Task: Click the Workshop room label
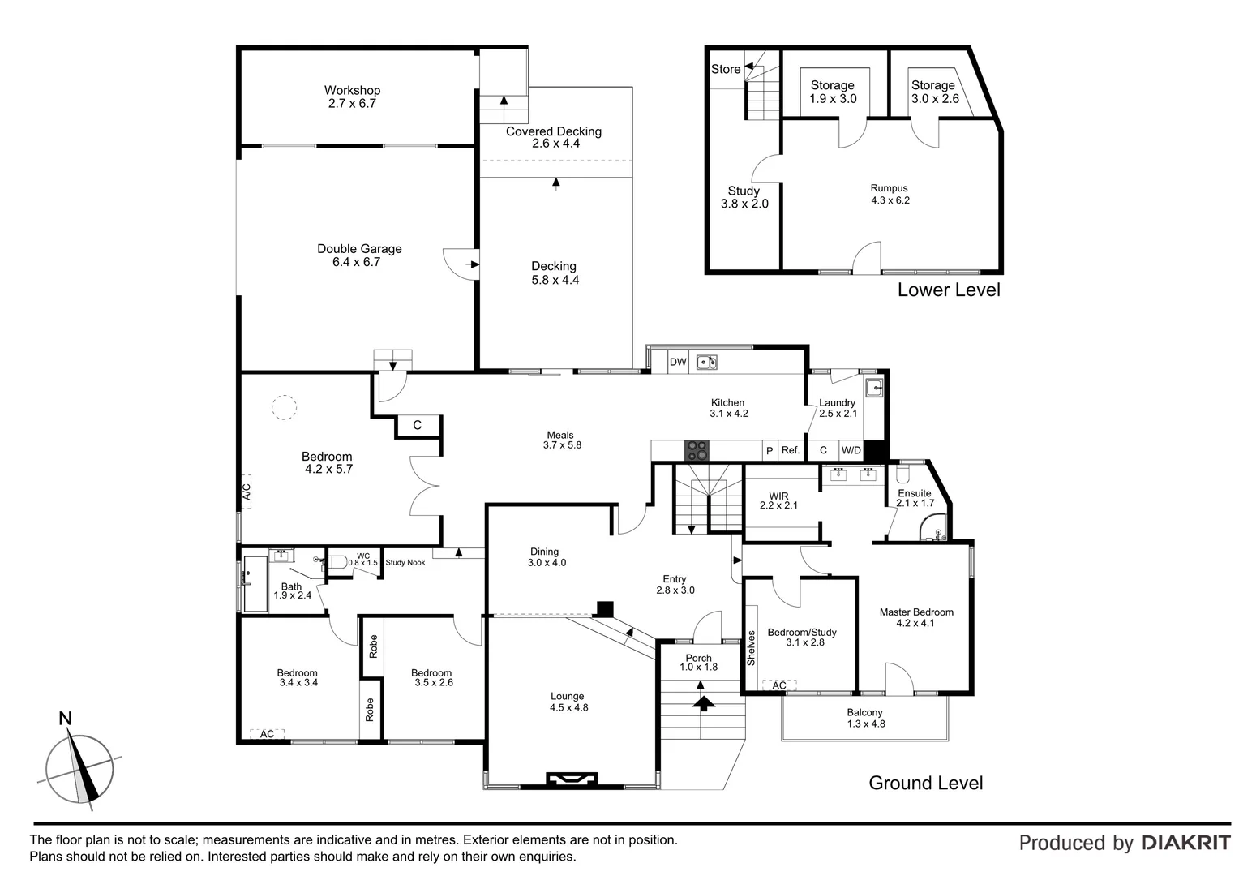(x=352, y=97)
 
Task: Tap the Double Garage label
(x=358, y=255)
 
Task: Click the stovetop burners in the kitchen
(x=697, y=450)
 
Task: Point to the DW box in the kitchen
(x=678, y=363)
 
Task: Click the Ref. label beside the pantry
(x=790, y=450)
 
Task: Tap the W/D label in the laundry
(x=851, y=450)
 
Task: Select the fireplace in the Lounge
(x=572, y=779)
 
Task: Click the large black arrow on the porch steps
(x=703, y=702)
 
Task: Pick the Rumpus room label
(x=890, y=194)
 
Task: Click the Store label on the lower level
(x=726, y=69)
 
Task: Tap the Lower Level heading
(x=949, y=290)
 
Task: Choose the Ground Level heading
(x=925, y=783)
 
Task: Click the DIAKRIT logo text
(x=1185, y=843)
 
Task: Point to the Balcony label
(x=865, y=718)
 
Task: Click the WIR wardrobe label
(x=778, y=500)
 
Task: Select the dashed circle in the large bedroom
(x=284, y=407)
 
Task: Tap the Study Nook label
(x=405, y=562)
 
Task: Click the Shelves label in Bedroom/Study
(x=752, y=649)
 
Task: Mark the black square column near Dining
(x=604, y=608)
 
